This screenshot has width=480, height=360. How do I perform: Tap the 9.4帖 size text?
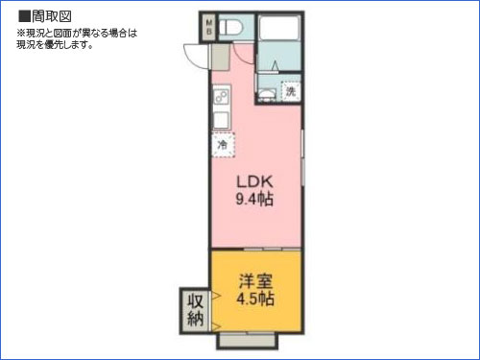click(x=255, y=200)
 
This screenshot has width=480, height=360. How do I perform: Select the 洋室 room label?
click(x=255, y=281)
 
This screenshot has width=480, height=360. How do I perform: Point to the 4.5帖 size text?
click(x=255, y=299)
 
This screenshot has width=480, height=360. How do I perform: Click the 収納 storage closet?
click(x=195, y=310)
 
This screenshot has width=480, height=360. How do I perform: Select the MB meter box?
click(x=208, y=28)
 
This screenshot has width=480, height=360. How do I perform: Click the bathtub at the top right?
click(x=279, y=38)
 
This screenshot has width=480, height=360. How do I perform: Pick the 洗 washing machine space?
click(x=290, y=92)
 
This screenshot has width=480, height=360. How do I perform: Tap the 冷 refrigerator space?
click(x=223, y=144)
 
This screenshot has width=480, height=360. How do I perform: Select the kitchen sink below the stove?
click(x=220, y=119)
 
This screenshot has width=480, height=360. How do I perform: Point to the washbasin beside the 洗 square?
click(x=264, y=93)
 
